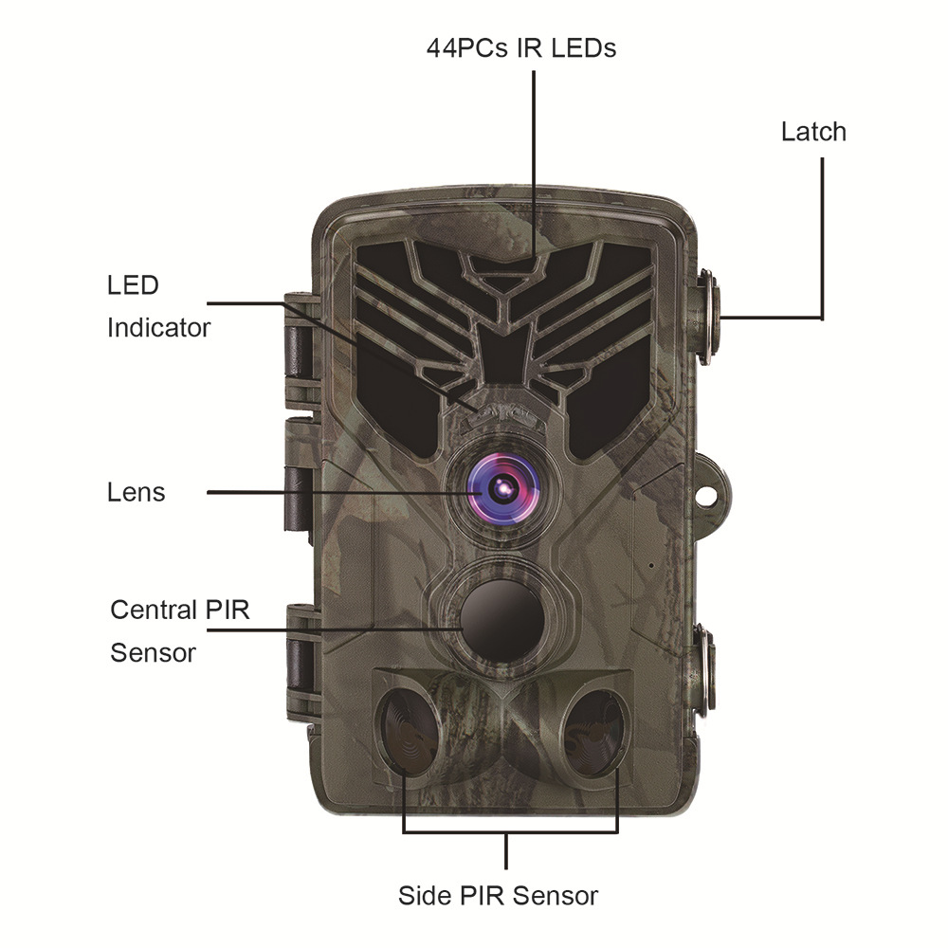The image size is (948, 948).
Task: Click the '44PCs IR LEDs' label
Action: pos(520,48)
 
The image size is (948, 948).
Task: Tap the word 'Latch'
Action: pos(813,132)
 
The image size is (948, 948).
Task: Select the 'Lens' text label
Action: pos(136,493)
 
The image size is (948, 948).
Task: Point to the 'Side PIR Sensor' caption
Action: pos(498,896)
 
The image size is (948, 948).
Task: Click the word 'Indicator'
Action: pos(158,328)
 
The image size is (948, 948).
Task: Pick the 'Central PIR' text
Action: pos(180,610)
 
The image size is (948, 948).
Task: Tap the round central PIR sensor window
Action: pos(502,618)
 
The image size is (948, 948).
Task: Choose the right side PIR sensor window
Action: pos(593,731)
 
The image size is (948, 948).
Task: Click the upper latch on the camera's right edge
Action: pos(707,317)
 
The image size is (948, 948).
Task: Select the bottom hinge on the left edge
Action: pos(300,664)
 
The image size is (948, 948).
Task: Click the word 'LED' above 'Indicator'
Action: pos(133,285)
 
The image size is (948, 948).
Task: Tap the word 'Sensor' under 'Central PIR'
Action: pos(153,653)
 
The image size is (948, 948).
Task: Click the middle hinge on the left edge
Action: pos(300,493)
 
